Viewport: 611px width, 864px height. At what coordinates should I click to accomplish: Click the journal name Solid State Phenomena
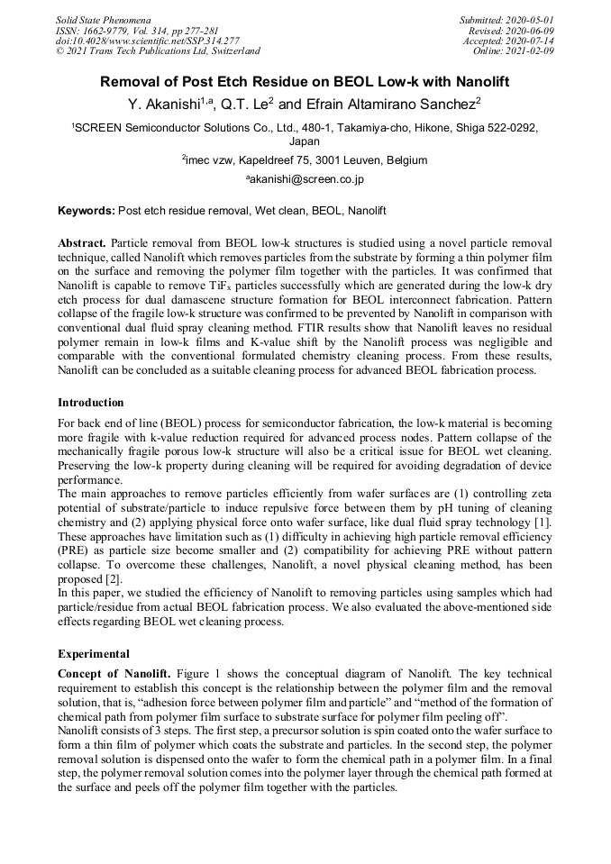[103, 19]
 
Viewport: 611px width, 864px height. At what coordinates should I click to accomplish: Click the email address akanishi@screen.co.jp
[305, 179]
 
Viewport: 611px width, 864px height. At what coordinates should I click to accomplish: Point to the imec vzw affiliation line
[305, 160]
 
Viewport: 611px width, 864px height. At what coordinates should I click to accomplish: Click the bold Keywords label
[86, 211]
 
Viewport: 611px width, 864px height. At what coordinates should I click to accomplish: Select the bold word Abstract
[83, 243]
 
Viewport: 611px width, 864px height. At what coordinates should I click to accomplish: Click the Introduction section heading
[91, 402]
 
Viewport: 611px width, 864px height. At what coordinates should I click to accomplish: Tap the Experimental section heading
[94, 653]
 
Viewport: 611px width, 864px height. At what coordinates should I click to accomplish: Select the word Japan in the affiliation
[305, 141]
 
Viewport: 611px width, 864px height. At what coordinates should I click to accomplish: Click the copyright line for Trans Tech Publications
[158, 51]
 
